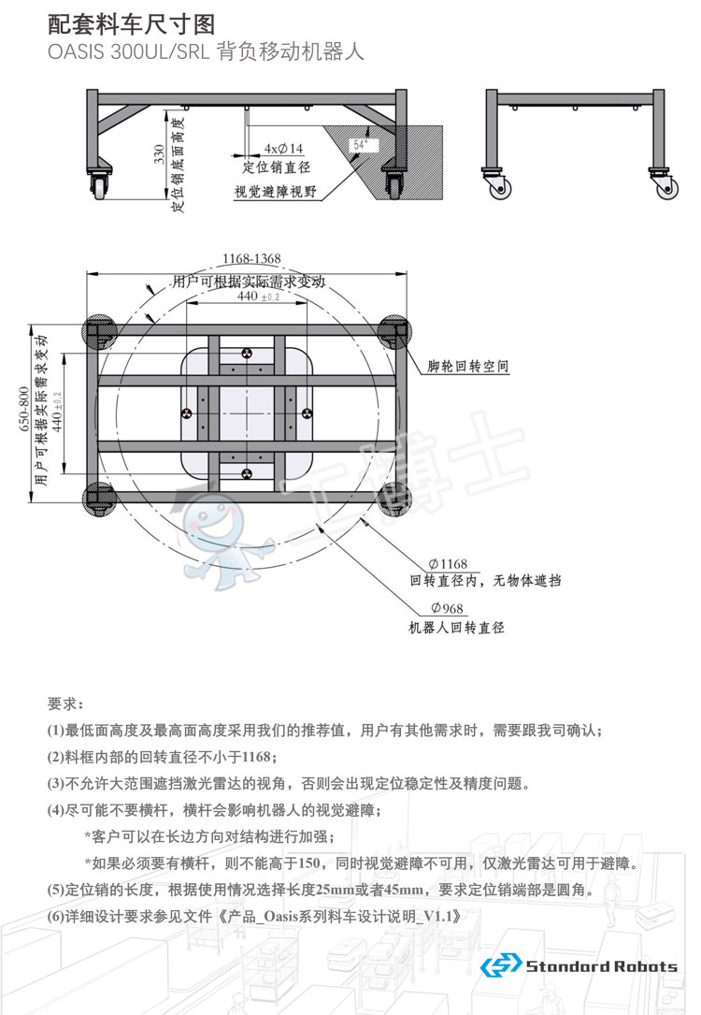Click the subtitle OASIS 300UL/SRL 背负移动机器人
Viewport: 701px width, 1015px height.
tap(205, 52)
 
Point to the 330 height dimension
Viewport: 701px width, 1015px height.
tap(159, 154)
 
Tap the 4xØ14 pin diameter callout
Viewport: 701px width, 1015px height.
tap(283, 149)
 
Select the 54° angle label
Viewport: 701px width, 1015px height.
tap(359, 145)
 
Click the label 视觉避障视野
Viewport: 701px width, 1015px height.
tap(275, 193)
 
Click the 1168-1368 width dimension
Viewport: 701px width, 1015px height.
tap(250, 258)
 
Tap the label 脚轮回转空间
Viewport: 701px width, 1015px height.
tap(467, 367)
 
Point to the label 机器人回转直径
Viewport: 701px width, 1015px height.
tap(456, 628)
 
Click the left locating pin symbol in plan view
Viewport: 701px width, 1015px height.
tap(185, 413)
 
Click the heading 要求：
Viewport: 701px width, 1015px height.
tap(65, 703)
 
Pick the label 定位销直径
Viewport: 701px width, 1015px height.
tap(276, 167)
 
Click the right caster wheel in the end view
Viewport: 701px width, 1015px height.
tap(666, 187)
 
